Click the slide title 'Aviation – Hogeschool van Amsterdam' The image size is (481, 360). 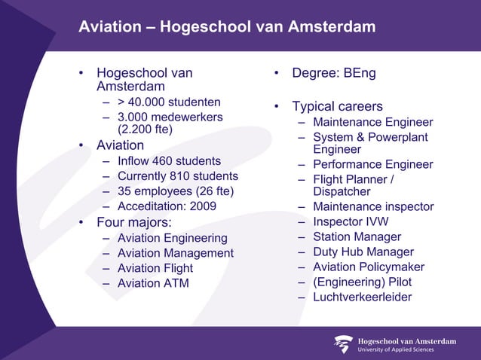pos(227,28)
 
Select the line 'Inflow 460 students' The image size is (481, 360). pos(169,160)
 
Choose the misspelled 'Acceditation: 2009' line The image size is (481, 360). pos(167,206)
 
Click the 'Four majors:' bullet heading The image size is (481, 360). pos(134,223)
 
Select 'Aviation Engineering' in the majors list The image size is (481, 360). pos(172,239)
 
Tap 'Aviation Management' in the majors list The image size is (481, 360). pos(176,253)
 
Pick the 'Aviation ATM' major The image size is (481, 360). pos(153,283)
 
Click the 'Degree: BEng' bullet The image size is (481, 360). pos(334,74)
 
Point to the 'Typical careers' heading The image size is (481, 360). pos(337,106)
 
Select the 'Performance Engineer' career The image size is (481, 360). pos(373,164)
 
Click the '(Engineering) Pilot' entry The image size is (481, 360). pos(363,282)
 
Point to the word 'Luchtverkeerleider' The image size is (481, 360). pos(363,297)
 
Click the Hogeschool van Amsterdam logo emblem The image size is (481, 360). pos(343,344)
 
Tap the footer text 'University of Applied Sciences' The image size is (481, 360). pos(406,349)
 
